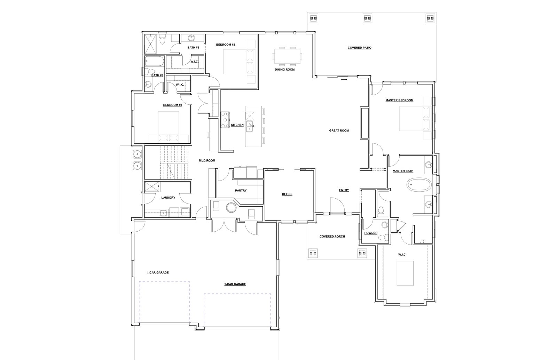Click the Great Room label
[x=339, y=130]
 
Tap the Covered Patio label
[x=359, y=48]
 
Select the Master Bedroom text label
[x=399, y=101]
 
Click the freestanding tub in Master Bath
[x=419, y=185]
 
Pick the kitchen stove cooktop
[x=225, y=120]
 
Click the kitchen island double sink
[x=249, y=126]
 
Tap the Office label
[x=287, y=194]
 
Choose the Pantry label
[x=241, y=191]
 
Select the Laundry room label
[x=168, y=198]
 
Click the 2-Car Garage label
[x=235, y=284]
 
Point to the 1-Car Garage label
[x=158, y=273]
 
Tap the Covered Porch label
[x=332, y=237]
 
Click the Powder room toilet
[x=383, y=237]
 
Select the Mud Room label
[x=207, y=160]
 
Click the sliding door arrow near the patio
[x=344, y=80]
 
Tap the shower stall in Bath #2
[x=151, y=44]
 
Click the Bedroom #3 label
[x=173, y=105]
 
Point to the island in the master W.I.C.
[x=405, y=273]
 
